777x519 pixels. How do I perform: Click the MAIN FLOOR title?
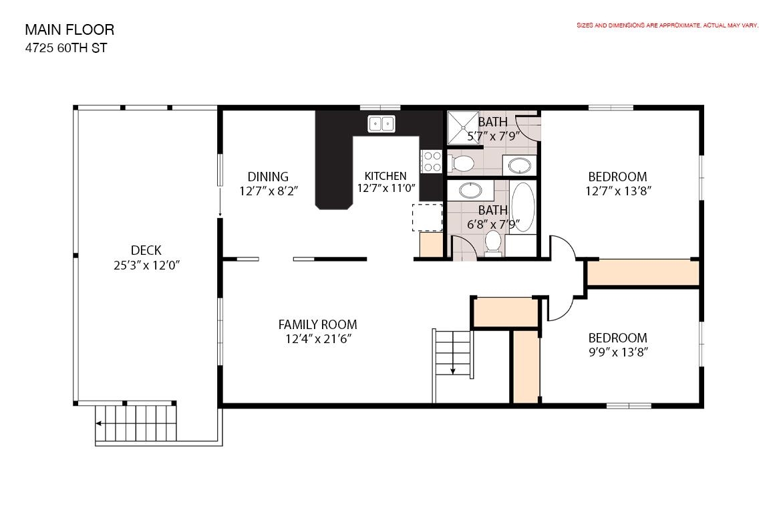point(69,30)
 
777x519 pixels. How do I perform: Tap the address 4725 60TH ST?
point(66,48)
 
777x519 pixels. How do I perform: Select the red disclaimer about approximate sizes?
point(667,25)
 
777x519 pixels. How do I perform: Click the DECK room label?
point(146,250)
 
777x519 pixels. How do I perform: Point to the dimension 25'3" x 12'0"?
point(146,266)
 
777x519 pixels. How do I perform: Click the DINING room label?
point(268,177)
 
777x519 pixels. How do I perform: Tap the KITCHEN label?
point(385,176)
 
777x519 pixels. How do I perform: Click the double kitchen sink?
point(381,124)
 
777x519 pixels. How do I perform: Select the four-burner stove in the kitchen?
point(431,161)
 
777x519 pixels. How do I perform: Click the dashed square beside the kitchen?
point(427,217)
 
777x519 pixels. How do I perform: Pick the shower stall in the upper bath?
point(463,128)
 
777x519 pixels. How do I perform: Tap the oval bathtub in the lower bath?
point(523,207)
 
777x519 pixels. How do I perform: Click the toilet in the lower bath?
point(493,243)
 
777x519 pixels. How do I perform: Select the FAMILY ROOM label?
point(317,324)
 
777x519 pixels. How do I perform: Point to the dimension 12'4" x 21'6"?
point(318,339)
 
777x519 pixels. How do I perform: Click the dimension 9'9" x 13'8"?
point(617,352)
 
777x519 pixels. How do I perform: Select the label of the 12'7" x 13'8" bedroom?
point(617,177)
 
